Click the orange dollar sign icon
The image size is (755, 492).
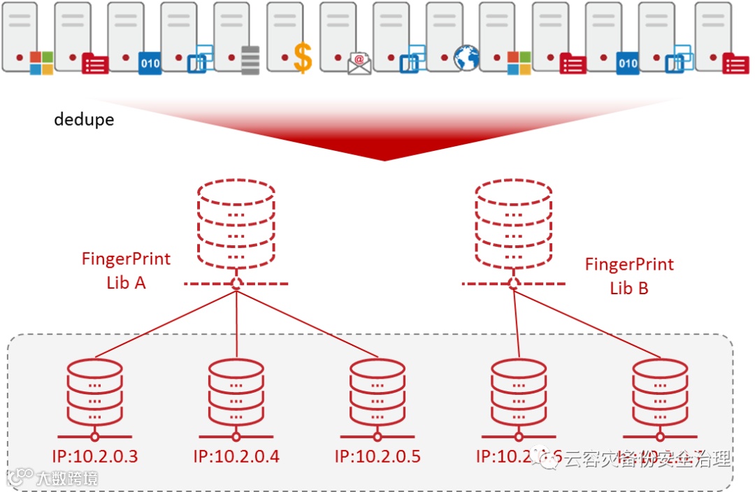[x=302, y=58]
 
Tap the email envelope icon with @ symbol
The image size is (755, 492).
[x=359, y=63]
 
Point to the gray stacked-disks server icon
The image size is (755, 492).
[x=250, y=60]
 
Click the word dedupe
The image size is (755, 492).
[x=84, y=120]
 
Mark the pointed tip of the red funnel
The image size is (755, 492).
[x=384, y=159]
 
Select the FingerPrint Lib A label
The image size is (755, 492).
[x=126, y=270]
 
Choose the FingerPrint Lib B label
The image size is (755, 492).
[x=629, y=276]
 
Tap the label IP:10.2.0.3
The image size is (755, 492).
[x=95, y=457]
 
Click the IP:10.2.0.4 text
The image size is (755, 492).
[x=236, y=457]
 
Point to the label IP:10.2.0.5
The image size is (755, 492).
[x=377, y=457]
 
